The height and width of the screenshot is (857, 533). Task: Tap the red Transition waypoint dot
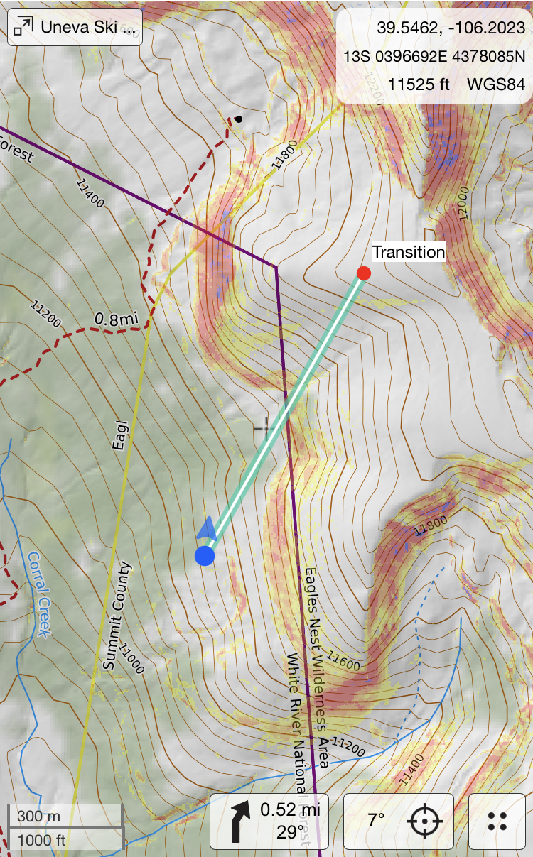[363, 273]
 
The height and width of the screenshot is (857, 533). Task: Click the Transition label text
[409, 252]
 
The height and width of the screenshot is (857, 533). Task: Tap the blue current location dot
[205, 555]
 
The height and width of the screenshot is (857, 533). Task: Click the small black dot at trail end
[239, 119]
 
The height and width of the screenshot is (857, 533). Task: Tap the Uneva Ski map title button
[75, 27]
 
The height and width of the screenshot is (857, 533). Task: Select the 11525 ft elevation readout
[419, 84]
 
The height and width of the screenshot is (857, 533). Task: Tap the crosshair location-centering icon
[425, 821]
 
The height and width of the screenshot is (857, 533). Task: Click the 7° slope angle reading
[376, 821]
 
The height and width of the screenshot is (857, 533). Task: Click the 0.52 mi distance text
[290, 809]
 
